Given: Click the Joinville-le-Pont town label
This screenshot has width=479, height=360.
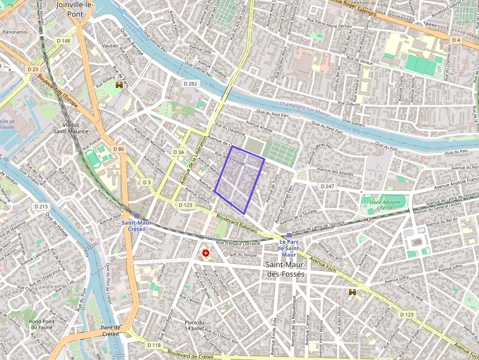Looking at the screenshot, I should pos(76,9).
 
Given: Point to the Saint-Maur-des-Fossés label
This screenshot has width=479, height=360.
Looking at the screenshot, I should pos(285,269).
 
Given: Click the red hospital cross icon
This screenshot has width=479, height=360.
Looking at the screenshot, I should pos(206,254).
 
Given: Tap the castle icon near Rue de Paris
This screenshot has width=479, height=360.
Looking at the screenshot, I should pos(118,85).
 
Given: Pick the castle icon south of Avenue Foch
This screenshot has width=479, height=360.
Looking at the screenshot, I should pos(351,292).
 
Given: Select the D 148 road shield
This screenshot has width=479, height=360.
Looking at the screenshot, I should pos(63,41).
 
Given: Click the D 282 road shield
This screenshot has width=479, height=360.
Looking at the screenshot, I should pos(190,84).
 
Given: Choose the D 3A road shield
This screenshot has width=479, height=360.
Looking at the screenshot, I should pos(179,152).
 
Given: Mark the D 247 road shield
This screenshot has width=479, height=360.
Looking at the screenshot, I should pos(327,187).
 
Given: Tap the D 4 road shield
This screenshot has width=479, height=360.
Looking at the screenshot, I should pos(456,40).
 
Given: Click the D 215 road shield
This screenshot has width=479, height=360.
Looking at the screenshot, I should pos(42,207).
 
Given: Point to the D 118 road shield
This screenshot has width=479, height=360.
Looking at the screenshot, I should pos(153,345).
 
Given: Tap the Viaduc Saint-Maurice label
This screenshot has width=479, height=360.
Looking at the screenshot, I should pos(71,127).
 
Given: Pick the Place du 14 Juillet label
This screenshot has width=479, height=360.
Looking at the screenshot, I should pos(194,325).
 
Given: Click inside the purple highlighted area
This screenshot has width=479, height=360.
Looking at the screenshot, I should pos(239,181).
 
